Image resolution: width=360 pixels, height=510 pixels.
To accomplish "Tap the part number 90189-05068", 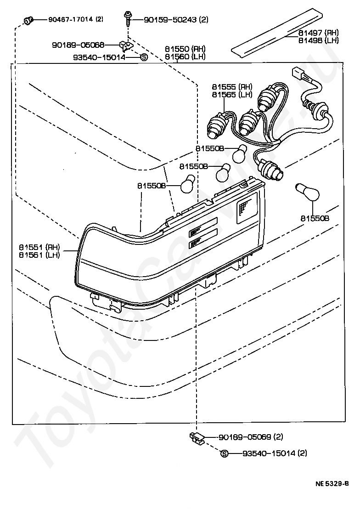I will click(78, 45).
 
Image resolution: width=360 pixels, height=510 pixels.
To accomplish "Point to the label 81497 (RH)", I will click(318, 33).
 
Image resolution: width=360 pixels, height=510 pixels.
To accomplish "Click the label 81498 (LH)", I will click(318, 40).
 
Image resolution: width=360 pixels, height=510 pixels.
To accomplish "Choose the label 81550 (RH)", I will click(185, 49).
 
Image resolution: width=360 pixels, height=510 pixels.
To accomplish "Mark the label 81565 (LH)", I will click(232, 94).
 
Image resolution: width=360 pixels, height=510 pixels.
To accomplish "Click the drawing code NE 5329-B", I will click(332, 483).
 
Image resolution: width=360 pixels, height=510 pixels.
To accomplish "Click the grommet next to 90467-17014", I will click(28, 20).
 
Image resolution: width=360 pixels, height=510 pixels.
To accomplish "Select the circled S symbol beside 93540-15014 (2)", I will click(225, 453).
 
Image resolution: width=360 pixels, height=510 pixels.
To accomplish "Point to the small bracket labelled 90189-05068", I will click(125, 45).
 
